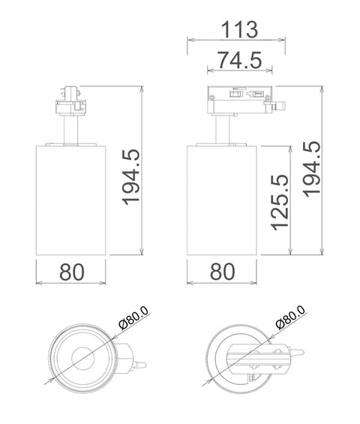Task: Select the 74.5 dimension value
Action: [240, 60]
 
